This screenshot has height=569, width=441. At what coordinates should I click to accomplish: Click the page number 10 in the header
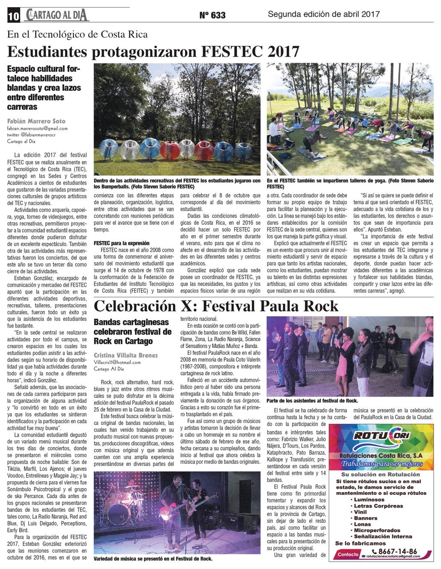13,16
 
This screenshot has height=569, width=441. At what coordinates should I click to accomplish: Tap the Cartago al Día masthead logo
57,15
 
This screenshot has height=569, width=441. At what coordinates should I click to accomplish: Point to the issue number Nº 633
212,15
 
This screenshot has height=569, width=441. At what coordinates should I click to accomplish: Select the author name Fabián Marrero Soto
36,121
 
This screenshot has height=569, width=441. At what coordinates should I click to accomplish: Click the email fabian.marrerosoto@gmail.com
37,128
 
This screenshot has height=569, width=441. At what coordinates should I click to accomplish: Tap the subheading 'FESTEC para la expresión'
122,243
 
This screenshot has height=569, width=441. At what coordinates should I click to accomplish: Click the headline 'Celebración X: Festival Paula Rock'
216,306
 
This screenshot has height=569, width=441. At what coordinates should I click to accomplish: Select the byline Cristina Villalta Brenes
125,355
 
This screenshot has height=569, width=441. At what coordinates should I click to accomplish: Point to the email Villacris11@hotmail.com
117,362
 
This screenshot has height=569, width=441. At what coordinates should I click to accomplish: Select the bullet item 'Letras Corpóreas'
378,506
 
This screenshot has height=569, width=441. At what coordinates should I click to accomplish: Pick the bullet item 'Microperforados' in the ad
377,530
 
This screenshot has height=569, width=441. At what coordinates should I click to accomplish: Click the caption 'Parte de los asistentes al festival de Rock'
312,401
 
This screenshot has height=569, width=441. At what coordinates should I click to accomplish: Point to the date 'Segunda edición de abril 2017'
323,14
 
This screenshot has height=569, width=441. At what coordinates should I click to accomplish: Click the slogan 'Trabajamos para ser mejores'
381,464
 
